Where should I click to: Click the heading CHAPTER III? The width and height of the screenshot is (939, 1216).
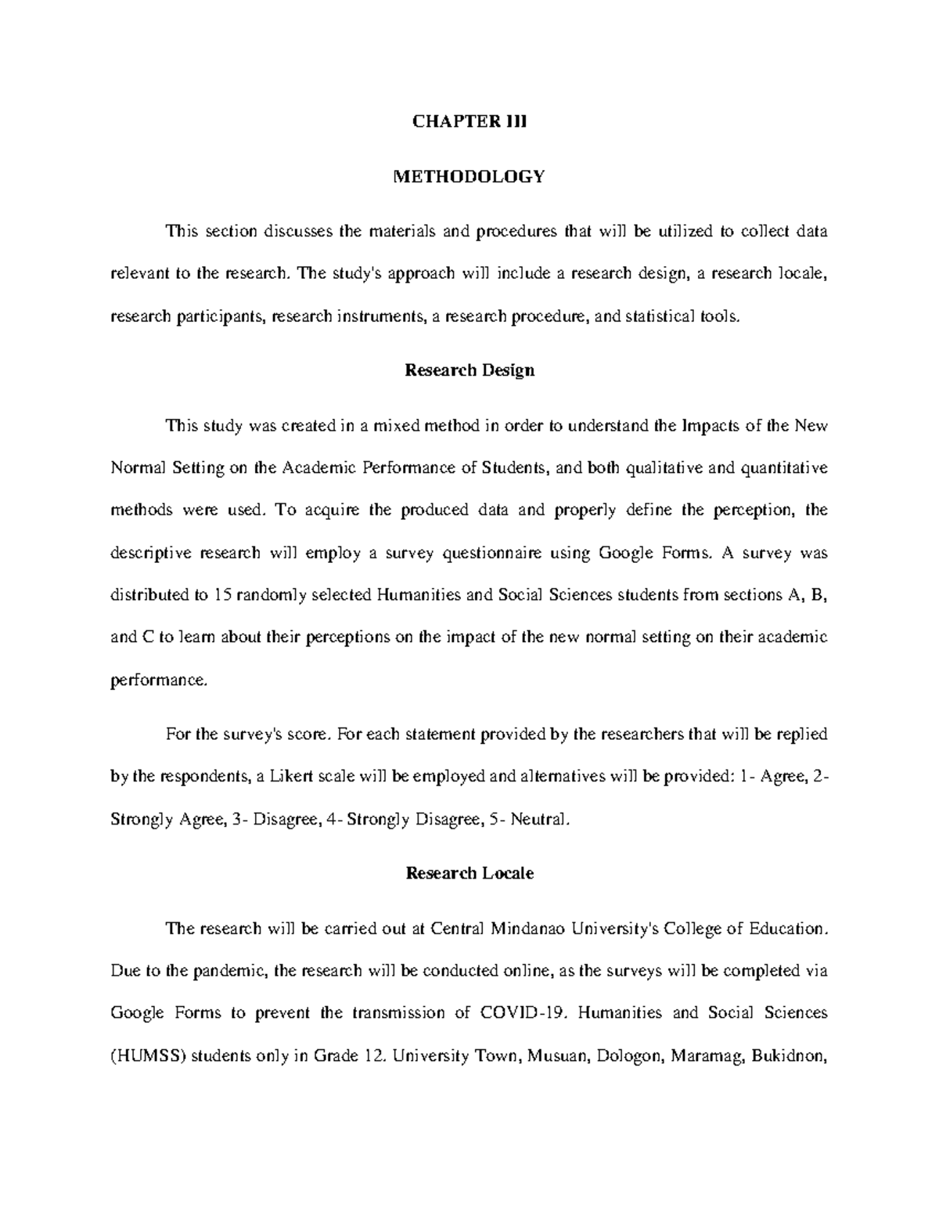pos(469,121)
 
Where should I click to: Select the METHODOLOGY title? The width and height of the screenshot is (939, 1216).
pos(469,177)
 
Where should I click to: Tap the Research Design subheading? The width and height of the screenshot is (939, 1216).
pos(469,370)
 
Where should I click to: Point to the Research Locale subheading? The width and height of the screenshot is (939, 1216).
pos(469,873)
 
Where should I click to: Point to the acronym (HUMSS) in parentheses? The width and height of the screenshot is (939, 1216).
pos(149,1055)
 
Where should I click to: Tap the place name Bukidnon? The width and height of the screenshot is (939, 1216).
pos(788,1055)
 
